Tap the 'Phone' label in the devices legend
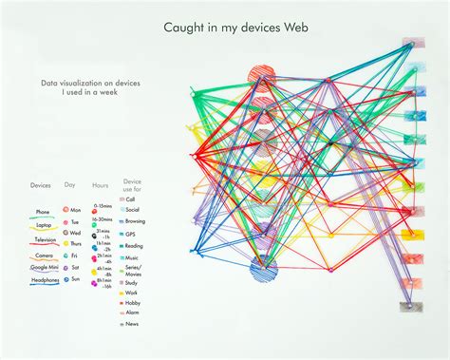(43, 212)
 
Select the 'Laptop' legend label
(44, 225)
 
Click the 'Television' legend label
(43, 239)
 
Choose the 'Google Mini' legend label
(43, 268)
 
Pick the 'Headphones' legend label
(43, 281)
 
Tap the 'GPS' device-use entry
(134, 233)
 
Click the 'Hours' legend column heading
(101, 184)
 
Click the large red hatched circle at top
(261, 75)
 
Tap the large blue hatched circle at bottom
(263, 273)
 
